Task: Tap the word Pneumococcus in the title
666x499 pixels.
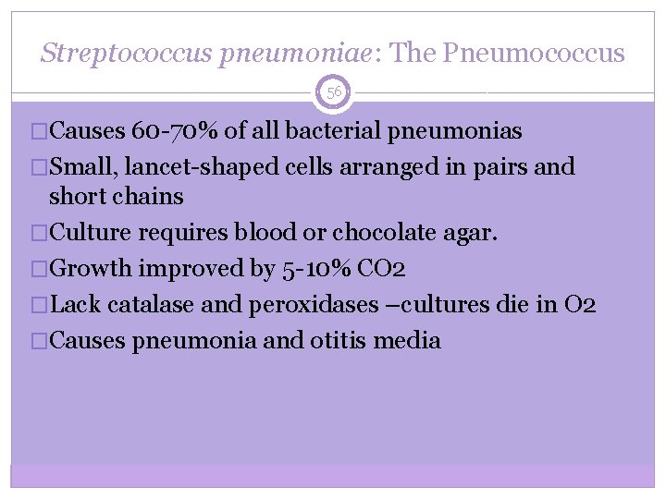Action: (x=535, y=53)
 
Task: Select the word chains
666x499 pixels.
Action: (x=149, y=197)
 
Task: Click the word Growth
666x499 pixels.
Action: (x=91, y=269)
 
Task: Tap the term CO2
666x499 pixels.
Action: (x=378, y=269)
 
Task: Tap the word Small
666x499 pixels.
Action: (x=80, y=167)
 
